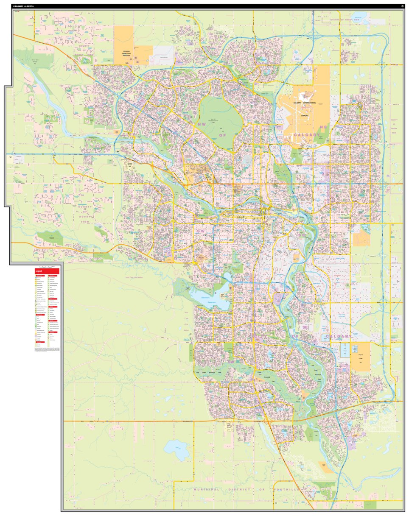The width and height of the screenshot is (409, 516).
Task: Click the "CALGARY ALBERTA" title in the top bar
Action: tap(23, 6)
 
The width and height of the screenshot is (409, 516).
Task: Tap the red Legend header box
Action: tap(47, 271)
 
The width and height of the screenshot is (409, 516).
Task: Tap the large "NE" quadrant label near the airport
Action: tap(324, 126)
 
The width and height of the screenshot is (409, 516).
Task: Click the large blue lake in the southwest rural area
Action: tap(177, 449)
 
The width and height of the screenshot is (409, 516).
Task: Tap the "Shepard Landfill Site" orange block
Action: tap(361, 357)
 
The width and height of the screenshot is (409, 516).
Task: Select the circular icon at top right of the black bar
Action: tap(401, 6)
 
